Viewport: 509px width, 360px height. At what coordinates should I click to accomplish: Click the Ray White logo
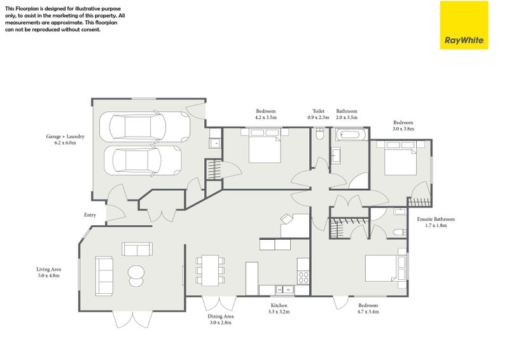pyautogui.click(x=464, y=25)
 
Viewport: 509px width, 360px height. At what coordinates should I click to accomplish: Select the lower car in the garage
pyautogui.click(x=144, y=160)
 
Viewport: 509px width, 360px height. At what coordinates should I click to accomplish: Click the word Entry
pyautogui.click(x=90, y=215)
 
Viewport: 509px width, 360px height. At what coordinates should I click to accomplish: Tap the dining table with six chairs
pyautogui.click(x=210, y=270)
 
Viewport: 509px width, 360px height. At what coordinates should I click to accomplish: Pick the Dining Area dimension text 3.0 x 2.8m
pyautogui.click(x=220, y=323)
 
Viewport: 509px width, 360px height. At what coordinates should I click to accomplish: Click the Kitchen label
pyautogui.click(x=280, y=306)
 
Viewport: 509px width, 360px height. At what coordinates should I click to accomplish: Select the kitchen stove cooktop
pyautogui.click(x=303, y=277)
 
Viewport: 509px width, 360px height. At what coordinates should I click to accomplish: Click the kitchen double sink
pyautogui.click(x=284, y=290)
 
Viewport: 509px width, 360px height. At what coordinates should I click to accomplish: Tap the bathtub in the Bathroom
pyautogui.click(x=350, y=135)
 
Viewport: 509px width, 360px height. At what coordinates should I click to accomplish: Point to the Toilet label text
pyautogui.click(x=318, y=111)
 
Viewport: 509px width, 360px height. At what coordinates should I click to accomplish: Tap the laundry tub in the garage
pyautogui.click(x=215, y=143)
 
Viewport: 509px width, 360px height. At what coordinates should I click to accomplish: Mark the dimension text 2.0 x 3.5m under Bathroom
pyautogui.click(x=347, y=118)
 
